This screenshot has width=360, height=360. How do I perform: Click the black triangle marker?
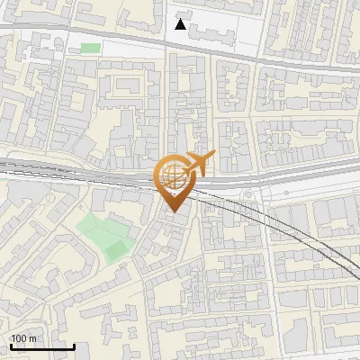click(181, 24)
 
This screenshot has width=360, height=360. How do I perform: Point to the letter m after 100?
click(32, 338)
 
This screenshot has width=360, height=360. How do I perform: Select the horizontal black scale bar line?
click(42, 346)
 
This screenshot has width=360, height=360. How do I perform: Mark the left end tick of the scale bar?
click(11, 346)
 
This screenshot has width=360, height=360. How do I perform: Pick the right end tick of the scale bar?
click(74, 346)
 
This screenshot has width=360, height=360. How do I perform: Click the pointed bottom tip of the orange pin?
click(171, 211)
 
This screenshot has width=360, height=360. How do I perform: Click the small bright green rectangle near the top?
click(90, 48)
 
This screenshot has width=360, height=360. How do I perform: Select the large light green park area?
click(99, 231)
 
